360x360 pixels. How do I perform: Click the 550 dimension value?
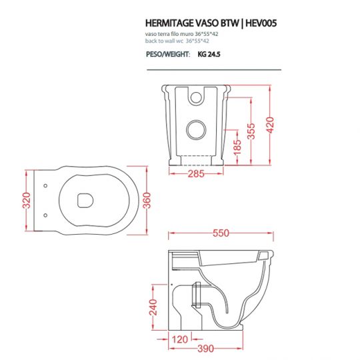point(221,233)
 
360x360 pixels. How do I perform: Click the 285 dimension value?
point(195,175)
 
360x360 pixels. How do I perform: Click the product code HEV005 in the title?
point(257,22)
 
